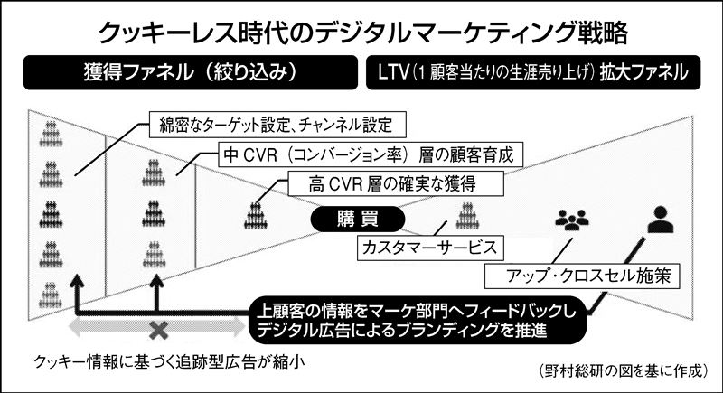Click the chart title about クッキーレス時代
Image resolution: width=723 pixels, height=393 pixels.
click(x=363, y=33)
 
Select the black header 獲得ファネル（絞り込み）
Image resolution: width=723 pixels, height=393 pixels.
click(x=191, y=72)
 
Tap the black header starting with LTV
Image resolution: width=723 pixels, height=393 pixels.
click(x=533, y=72)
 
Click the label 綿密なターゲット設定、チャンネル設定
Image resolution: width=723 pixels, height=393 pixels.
click(x=277, y=125)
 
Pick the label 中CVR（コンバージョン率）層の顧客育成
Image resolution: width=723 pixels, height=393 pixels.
click(x=371, y=154)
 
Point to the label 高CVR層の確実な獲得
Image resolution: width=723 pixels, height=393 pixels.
click(x=396, y=183)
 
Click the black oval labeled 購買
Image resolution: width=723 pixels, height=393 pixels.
click(x=358, y=219)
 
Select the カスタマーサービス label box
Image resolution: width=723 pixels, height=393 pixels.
click(x=430, y=248)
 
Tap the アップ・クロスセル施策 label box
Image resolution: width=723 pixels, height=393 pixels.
click(x=582, y=276)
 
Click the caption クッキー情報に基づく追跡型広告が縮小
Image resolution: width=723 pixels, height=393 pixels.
click(x=169, y=362)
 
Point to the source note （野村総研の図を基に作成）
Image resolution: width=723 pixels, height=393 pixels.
click(x=623, y=371)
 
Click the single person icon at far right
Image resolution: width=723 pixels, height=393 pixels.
click(x=661, y=220)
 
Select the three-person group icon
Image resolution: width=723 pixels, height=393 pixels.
click(x=572, y=220)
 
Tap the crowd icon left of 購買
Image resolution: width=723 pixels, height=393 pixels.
click(x=256, y=216)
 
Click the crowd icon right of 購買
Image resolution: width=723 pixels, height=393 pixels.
click(x=467, y=216)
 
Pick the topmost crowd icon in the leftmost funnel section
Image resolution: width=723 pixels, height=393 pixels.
click(x=51, y=134)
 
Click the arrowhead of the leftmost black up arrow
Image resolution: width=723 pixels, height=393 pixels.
click(x=77, y=280)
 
